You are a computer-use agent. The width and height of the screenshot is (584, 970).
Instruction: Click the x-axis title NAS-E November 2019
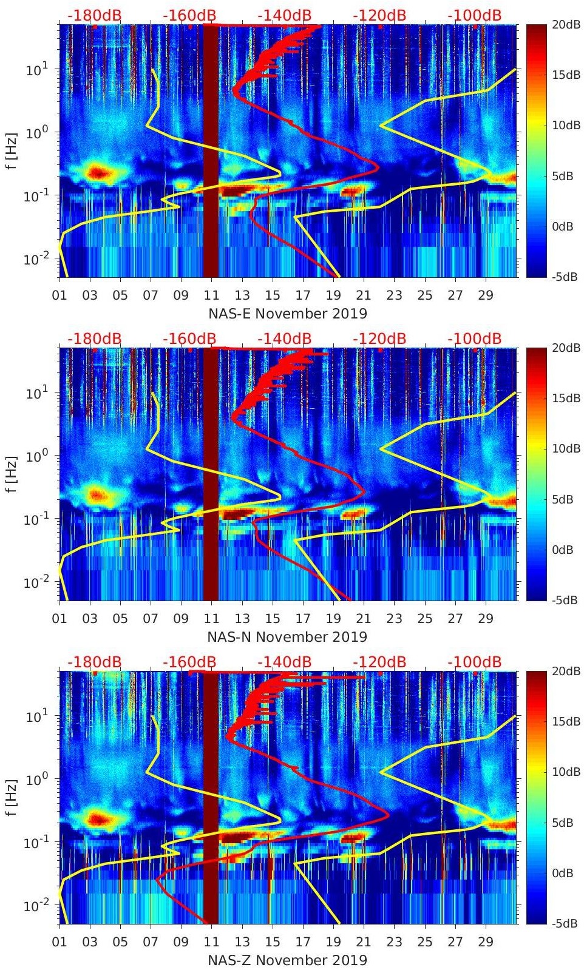click(288, 314)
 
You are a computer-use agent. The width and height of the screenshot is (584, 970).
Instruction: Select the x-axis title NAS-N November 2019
click(287, 637)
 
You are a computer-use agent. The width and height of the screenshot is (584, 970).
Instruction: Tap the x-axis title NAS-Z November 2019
click(287, 960)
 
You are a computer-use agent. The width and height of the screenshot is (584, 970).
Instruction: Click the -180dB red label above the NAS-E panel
click(94, 15)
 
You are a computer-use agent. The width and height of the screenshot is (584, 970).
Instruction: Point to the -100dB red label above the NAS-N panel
click(475, 338)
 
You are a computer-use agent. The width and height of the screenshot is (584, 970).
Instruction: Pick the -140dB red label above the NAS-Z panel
click(284, 662)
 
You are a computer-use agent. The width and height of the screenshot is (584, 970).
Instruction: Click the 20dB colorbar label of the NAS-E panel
click(566, 24)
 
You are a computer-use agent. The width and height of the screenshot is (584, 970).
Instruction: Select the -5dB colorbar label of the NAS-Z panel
click(565, 924)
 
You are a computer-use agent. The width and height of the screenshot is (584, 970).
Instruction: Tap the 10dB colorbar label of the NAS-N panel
click(566, 448)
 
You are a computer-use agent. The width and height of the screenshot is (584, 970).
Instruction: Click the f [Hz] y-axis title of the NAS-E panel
click(13, 150)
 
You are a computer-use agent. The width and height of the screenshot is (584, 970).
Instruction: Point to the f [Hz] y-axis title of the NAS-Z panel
click(13, 797)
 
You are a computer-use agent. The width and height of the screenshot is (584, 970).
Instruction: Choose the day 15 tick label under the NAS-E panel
click(273, 295)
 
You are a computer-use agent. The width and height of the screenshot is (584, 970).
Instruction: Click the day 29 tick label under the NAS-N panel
click(485, 619)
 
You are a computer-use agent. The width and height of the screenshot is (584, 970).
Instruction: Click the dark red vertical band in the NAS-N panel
click(210, 473)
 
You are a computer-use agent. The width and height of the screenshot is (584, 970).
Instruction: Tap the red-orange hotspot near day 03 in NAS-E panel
click(97, 172)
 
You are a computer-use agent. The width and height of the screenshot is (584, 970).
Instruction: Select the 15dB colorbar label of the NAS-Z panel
click(566, 721)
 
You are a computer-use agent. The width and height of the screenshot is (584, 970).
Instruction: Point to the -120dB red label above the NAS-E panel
click(379, 15)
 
